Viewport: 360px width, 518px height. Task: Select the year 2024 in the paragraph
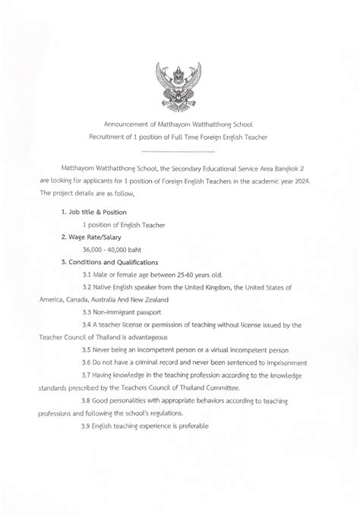point(319,182)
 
